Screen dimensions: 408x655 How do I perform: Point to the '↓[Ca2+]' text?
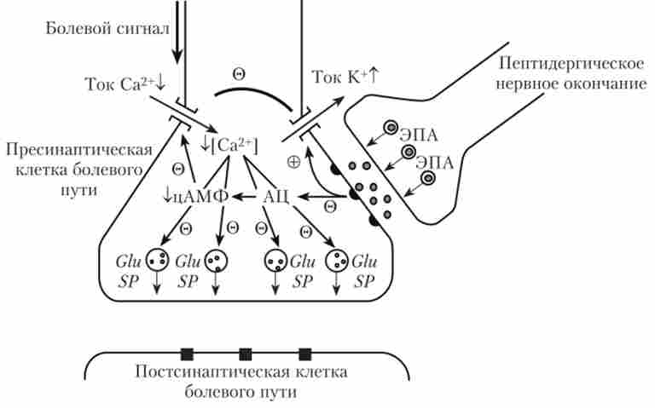tap(226, 146)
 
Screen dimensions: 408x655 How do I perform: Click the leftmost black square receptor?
tap(187, 353)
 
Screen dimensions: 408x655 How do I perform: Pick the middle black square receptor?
tap(246, 353)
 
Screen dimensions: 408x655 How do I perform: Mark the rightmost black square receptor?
tap(304, 353)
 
